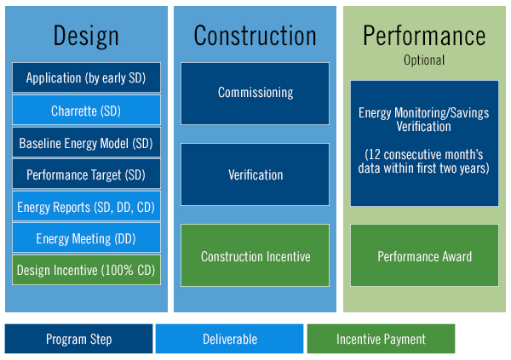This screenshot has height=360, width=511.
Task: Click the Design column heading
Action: pos(86,37)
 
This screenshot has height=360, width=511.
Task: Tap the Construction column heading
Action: pos(255,36)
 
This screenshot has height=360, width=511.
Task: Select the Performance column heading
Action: pos(424,36)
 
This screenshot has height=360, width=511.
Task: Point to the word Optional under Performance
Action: pos(424,60)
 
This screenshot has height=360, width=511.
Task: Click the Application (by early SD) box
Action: pos(86,77)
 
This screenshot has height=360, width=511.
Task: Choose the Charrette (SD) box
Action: pos(86,110)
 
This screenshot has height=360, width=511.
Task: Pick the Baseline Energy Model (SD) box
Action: pos(86,142)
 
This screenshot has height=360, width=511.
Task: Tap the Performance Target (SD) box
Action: pos(86,174)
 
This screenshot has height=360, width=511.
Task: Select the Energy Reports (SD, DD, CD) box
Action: pos(86,206)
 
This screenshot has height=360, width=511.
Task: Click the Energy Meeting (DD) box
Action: pos(86,237)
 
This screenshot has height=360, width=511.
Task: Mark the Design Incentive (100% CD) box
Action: pos(86,270)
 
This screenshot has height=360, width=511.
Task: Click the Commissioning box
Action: pos(255,94)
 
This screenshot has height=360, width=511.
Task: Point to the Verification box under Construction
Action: pos(255,174)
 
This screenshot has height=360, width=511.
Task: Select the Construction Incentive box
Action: pos(255,255)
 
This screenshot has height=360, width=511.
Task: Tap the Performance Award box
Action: pos(424,255)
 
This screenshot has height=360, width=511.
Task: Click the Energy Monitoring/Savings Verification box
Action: pos(424,143)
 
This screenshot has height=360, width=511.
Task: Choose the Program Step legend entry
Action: pos(78,339)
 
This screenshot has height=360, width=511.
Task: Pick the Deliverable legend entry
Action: pos(229,339)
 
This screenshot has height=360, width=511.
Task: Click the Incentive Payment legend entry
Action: pos(381,339)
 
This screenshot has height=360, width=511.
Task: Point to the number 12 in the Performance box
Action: pos(375,155)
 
